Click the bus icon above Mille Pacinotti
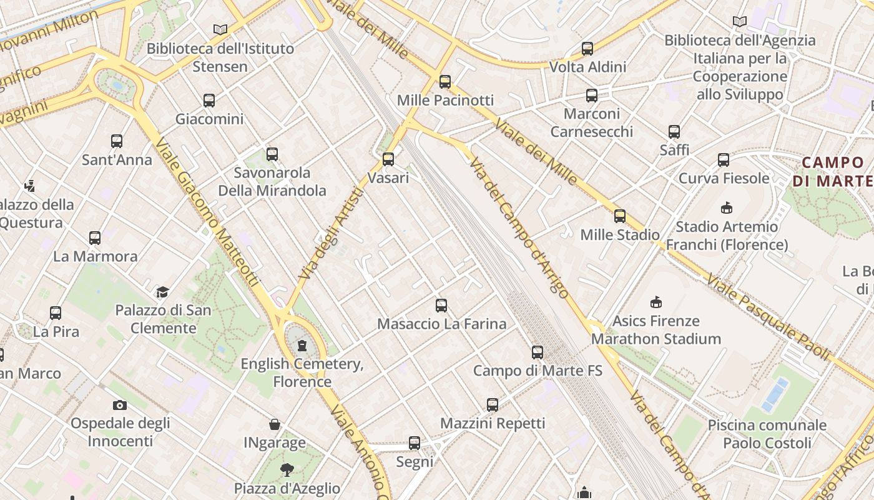(445, 82)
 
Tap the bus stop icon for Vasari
(388, 159)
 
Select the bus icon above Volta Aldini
(587, 49)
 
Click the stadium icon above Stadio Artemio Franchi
(727, 208)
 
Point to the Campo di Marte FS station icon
(538, 352)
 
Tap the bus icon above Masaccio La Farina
(441, 306)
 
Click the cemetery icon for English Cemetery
(302, 345)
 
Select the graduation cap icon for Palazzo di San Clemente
(162, 292)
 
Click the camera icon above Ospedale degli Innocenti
(120, 405)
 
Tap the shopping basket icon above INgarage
(274, 425)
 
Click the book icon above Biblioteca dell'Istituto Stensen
(220, 29)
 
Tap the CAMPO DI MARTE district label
(834, 172)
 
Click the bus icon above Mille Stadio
(620, 217)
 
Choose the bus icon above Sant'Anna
(117, 141)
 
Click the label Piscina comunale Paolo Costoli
(767, 434)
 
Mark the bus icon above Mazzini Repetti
(493, 405)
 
